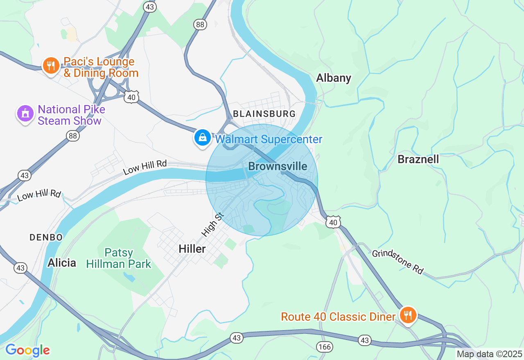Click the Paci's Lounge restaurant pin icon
click(x=50, y=65)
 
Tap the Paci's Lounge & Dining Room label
click(x=101, y=67)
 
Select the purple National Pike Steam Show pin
click(x=25, y=114)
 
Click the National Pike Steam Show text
click(x=71, y=115)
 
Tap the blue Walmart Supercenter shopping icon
click(x=202, y=138)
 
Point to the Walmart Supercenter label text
click(x=269, y=139)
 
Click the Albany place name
click(x=334, y=78)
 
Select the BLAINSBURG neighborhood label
click(x=264, y=114)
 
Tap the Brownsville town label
click(x=278, y=166)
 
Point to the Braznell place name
click(x=418, y=159)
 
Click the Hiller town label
click(x=192, y=248)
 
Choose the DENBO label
click(x=46, y=237)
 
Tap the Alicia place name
click(x=62, y=263)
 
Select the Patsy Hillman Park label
click(x=119, y=258)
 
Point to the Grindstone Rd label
click(x=398, y=262)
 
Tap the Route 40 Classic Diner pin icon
click(x=408, y=315)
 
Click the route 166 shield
click(x=324, y=347)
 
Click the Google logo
click(x=27, y=351)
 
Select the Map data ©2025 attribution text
click(x=489, y=354)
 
